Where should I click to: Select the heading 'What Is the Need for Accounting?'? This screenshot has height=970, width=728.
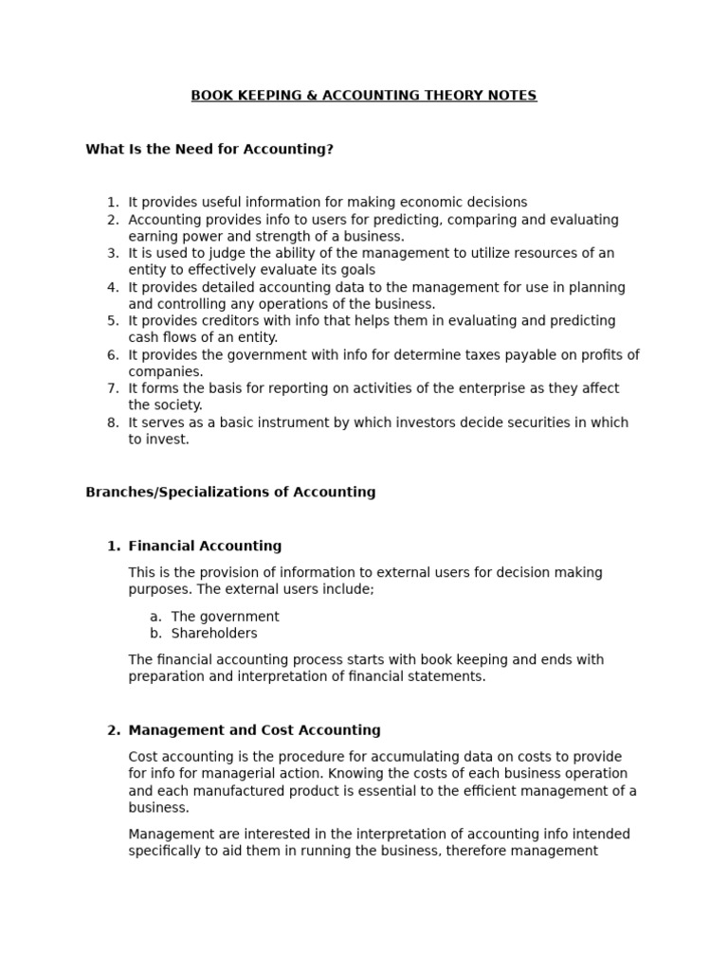(x=209, y=150)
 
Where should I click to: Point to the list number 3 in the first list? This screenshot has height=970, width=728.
(x=113, y=253)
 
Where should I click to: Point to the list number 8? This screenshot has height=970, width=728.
(x=113, y=422)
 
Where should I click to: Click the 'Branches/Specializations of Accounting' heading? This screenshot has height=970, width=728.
(x=230, y=493)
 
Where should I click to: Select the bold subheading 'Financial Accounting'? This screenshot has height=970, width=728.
(x=205, y=547)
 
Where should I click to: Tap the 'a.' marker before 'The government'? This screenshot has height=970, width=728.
(x=155, y=617)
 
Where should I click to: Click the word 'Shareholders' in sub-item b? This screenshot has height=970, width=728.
(x=213, y=634)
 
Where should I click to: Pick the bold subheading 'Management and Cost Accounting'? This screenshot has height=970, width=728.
(x=254, y=730)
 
